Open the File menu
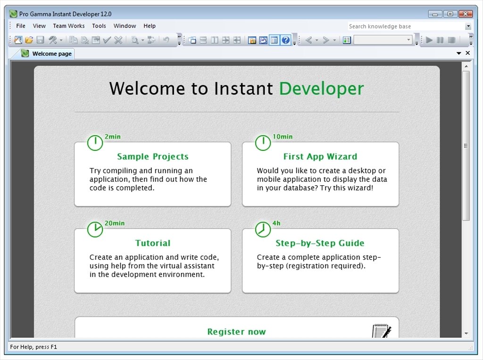pos(21,26)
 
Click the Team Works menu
pos(69,26)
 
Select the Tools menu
pos(99,26)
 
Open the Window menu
pos(125,26)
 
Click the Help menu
pos(150,26)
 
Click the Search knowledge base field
pos(406,26)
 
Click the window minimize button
pos(435,14)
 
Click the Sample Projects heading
pos(153,156)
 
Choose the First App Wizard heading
pos(320,156)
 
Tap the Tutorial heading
pos(153,243)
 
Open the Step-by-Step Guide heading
pos(320,243)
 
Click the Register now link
pos(237,332)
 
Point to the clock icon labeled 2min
pos(95,143)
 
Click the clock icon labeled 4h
pos(263,229)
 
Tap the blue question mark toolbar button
pos(286,40)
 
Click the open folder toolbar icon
pos(29,40)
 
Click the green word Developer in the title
pos(322,89)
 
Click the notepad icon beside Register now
pos(382,331)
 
